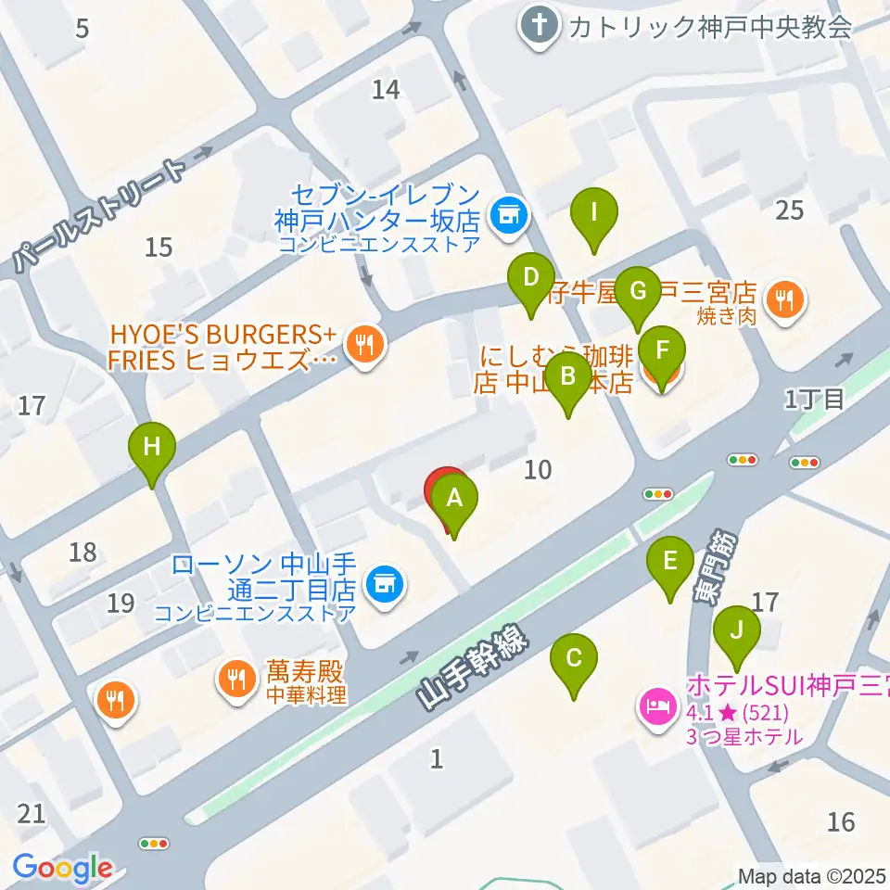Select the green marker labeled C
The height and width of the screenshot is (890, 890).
(574, 659)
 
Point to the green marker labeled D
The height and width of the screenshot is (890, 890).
(530, 278)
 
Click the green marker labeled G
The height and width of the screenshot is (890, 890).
(637, 291)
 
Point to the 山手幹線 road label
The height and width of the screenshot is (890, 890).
(471, 667)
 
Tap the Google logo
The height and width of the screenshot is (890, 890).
(62, 869)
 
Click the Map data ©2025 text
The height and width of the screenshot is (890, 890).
(811, 876)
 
